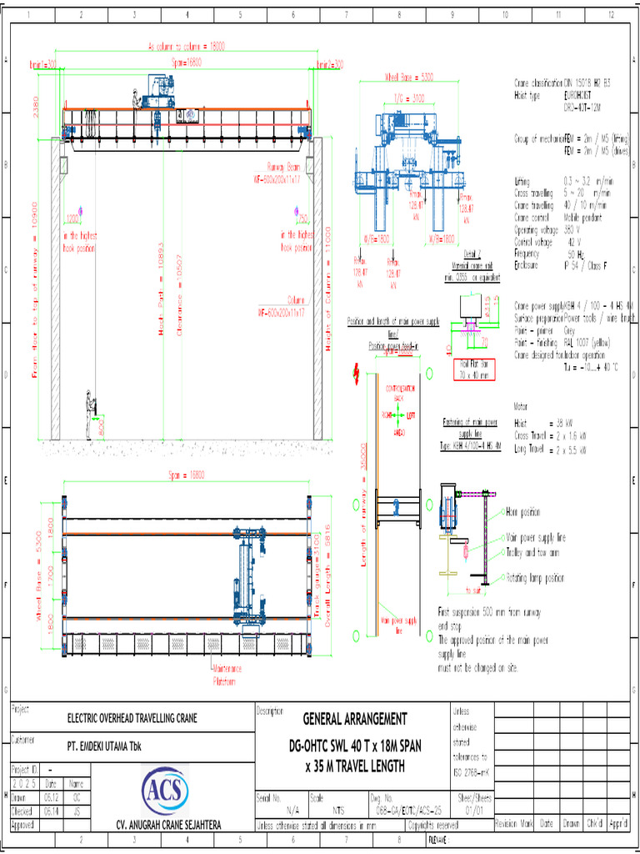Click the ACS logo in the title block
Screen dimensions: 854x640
pos(166,788)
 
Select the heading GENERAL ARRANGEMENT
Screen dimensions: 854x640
pos(355,719)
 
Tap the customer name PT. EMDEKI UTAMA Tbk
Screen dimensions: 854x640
pos(105,746)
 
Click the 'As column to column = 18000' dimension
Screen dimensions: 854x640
pos(186,47)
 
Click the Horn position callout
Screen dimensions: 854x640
pos(523,511)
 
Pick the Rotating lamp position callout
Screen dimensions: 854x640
pos(535,577)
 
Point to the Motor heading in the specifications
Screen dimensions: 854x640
pos(522,408)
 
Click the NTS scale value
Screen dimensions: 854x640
pos(339,809)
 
